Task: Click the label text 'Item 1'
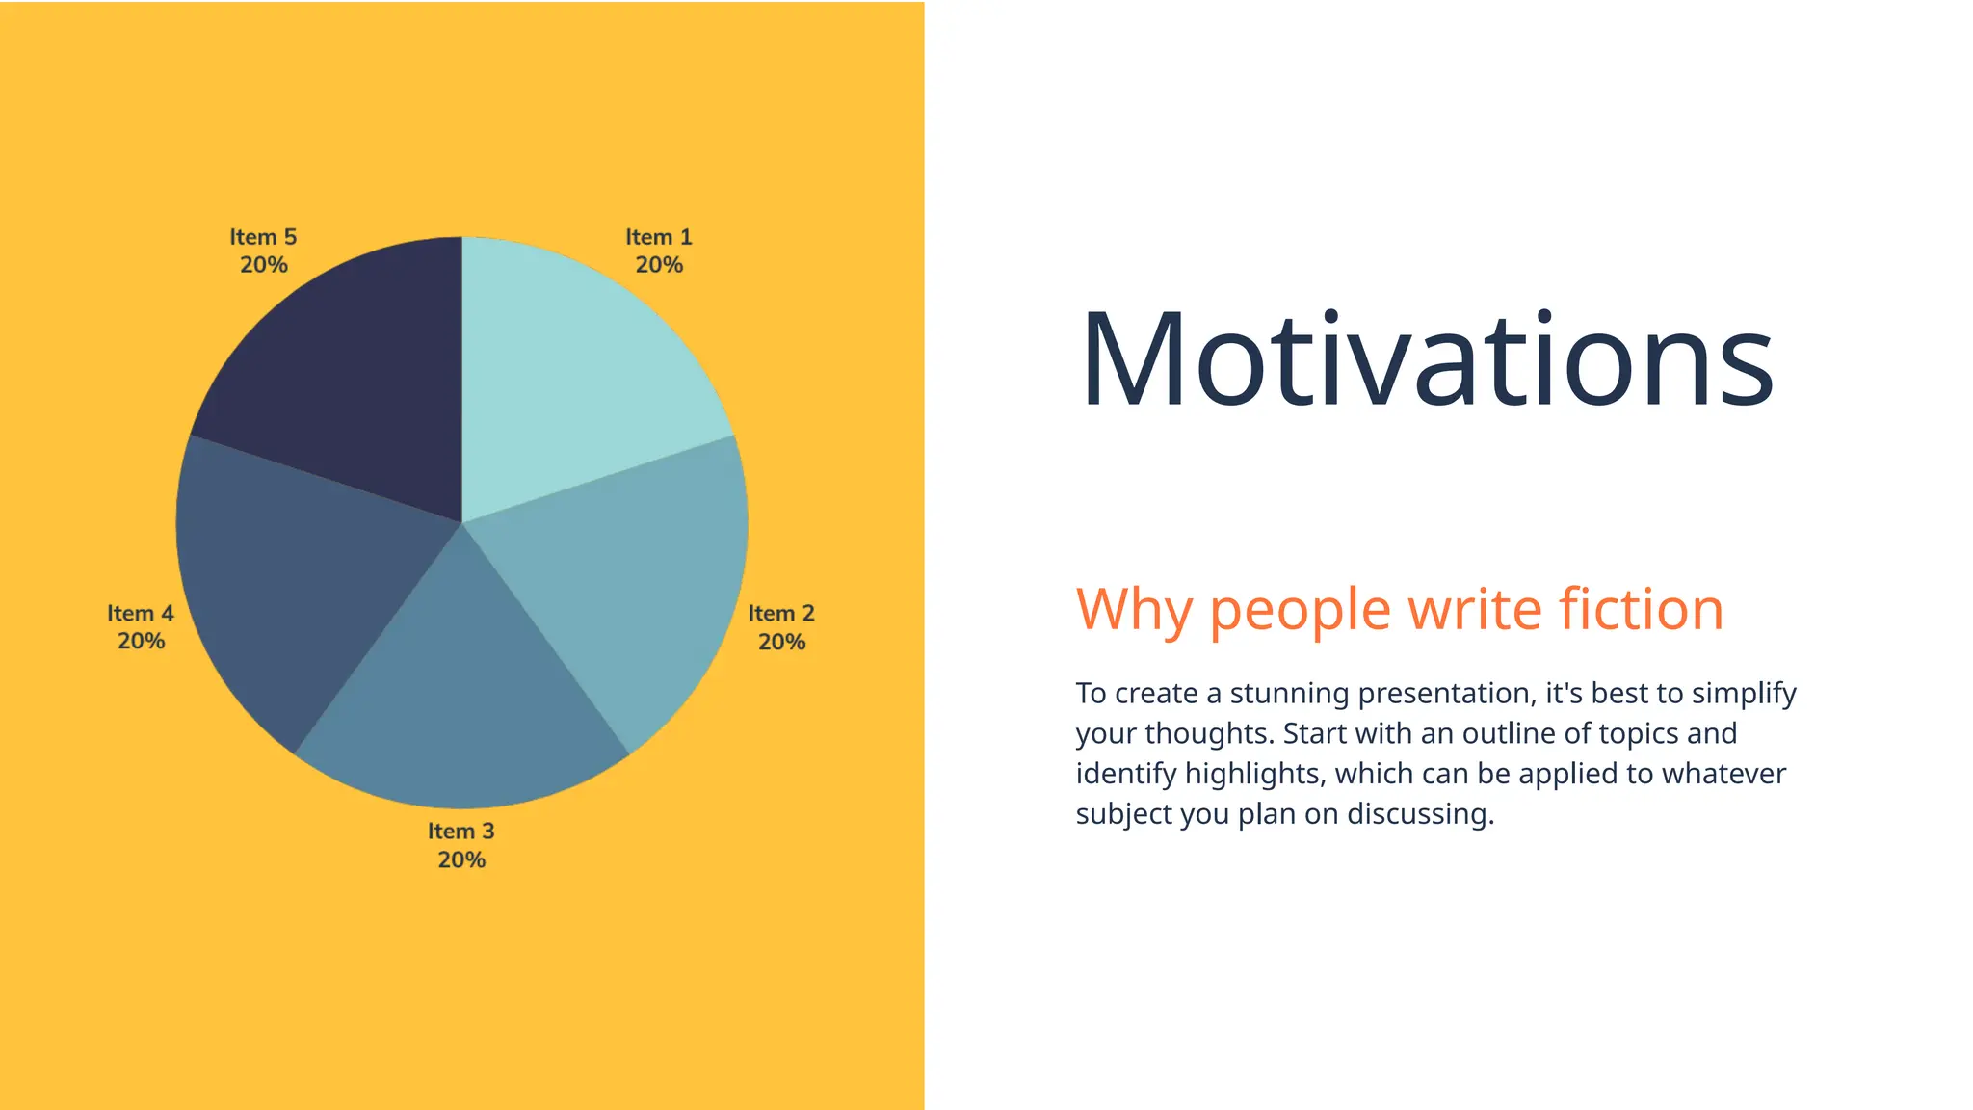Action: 659,237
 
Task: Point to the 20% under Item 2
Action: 781,642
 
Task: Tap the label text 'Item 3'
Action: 460,831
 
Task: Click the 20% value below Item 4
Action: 141,641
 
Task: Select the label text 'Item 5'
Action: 263,237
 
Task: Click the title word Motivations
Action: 1426,361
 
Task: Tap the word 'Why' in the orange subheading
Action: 1134,610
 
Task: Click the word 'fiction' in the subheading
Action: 1641,610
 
